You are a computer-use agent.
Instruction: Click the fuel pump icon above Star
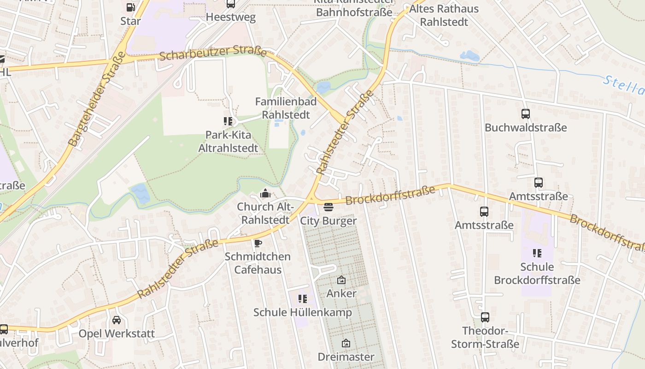pos(130,7)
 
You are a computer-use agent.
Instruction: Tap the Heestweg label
pos(230,18)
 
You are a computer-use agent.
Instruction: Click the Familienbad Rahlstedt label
pos(286,108)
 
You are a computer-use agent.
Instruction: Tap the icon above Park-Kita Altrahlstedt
pos(228,121)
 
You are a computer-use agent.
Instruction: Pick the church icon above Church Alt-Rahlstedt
pos(266,193)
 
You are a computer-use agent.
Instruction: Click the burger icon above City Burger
pos(328,207)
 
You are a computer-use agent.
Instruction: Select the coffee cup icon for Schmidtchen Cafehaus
pos(258,243)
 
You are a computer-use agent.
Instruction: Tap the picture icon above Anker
pos(341,280)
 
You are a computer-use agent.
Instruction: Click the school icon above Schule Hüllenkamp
pos(302,299)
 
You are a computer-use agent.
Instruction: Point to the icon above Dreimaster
pos(346,343)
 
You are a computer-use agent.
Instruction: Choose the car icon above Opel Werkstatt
pos(117,320)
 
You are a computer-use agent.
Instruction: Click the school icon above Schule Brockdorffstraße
pos(537,253)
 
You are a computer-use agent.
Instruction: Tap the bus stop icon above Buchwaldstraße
pos(525,114)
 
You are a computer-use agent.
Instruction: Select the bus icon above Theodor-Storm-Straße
pos(485,317)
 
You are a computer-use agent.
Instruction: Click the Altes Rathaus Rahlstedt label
pos(444,15)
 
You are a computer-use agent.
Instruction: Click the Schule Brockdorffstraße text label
pos(537,274)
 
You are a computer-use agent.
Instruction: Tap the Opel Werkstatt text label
pos(117,333)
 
